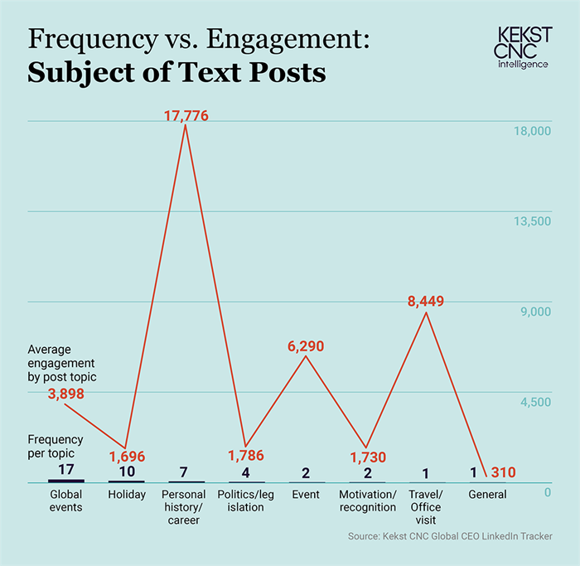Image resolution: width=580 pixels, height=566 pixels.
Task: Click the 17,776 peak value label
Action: click(186, 116)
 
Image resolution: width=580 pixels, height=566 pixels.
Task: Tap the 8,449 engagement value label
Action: click(426, 302)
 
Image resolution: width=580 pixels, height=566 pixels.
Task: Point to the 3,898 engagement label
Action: click(66, 394)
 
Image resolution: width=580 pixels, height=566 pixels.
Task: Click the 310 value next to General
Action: click(502, 473)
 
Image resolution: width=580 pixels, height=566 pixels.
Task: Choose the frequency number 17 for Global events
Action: click(66, 470)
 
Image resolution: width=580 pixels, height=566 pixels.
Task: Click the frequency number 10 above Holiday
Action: click(126, 472)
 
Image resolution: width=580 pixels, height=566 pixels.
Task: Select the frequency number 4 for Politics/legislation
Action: click(246, 472)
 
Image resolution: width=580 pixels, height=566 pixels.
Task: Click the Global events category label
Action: click(66, 501)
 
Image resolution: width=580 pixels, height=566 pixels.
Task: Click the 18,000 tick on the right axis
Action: click(534, 132)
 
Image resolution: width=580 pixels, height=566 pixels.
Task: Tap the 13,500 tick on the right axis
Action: click(534, 221)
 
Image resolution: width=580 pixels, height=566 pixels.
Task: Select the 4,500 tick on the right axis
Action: click(536, 402)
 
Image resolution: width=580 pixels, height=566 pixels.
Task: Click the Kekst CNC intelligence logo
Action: click(523, 47)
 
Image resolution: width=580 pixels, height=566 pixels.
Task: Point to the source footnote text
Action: click(450, 538)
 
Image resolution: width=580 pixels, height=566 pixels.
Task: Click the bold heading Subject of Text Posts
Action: click(176, 73)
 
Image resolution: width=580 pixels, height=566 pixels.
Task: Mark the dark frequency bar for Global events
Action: click(66, 481)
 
